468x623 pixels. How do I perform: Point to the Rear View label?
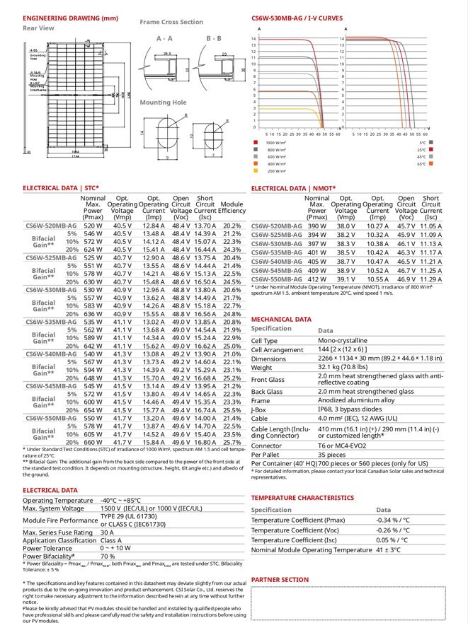38,28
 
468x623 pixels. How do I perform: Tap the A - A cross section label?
164,38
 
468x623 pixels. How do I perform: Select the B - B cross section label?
214,38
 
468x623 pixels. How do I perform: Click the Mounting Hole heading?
163,103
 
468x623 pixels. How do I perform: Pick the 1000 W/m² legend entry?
276,143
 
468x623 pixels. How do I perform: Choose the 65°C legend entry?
422,164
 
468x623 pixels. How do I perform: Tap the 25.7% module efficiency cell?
232,442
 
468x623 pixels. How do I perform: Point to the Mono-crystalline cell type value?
343,341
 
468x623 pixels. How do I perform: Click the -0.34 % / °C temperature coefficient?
392,520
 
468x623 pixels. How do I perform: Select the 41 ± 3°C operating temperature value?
388,549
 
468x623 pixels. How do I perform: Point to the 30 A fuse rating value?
107,532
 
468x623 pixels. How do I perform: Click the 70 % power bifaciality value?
108,557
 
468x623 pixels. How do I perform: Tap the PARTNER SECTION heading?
280,580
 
